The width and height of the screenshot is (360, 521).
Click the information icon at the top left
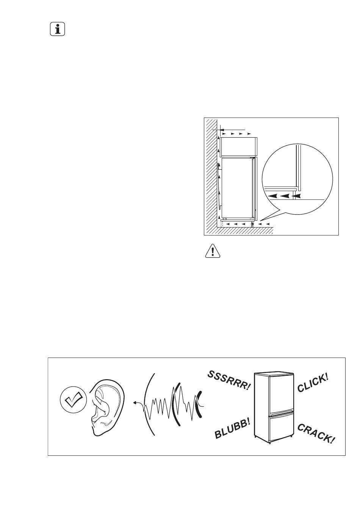[57, 29]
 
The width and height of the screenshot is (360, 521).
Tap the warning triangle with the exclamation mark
[212, 251]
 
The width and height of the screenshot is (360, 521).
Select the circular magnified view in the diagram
[297, 179]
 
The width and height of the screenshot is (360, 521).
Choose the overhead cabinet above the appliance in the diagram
[238, 146]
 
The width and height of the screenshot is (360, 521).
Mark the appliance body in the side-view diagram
[237, 188]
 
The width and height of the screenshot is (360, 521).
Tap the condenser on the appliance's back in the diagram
[219, 185]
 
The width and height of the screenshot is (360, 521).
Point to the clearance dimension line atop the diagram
[229, 129]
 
